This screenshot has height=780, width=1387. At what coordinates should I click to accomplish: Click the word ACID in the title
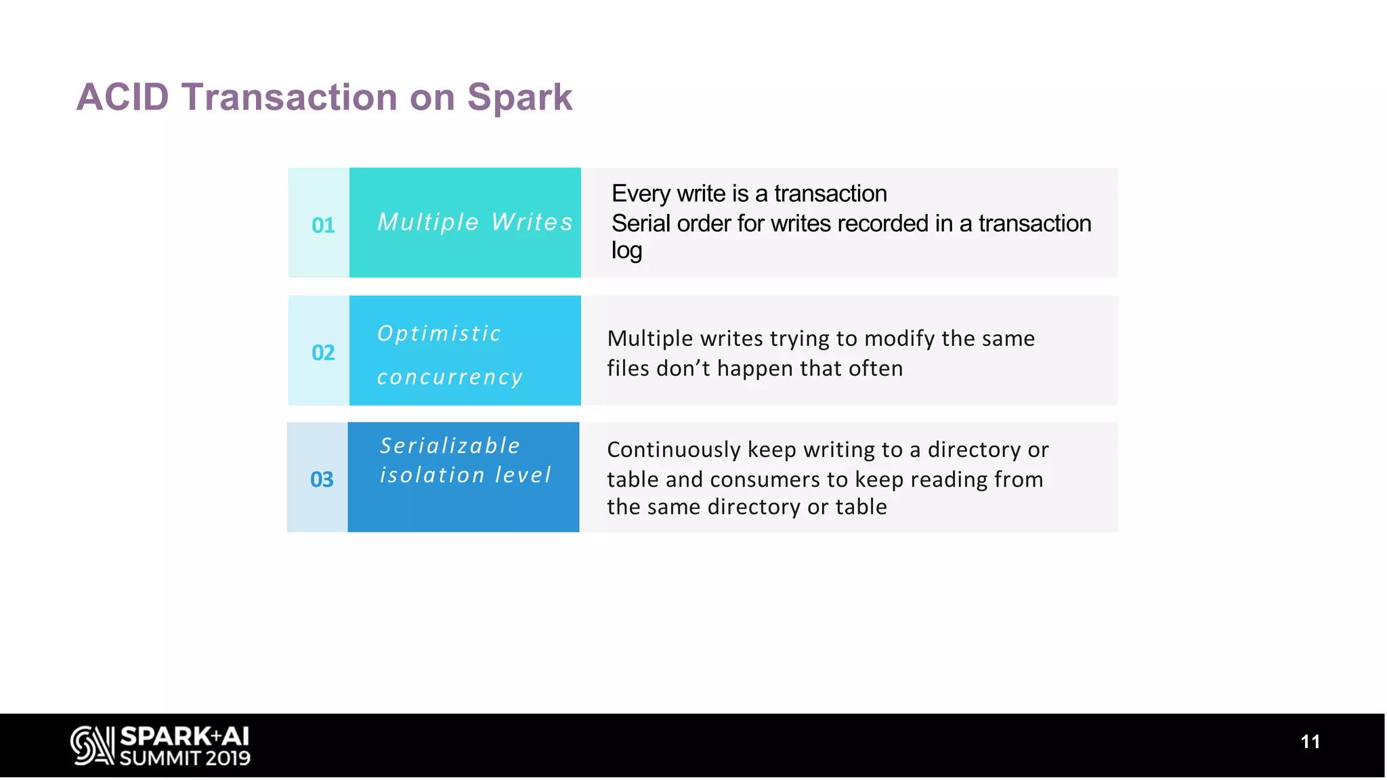(x=123, y=97)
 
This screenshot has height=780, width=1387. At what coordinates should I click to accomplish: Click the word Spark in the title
(x=519, y=97)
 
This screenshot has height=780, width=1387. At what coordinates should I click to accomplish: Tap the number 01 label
(x=323, y=225)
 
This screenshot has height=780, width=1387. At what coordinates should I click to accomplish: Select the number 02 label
(x=323, y=352)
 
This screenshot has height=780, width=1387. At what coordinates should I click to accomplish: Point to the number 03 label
(x=322, y=479)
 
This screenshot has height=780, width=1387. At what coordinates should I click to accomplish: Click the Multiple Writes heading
(x=475, y=222)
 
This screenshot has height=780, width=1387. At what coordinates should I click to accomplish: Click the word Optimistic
(x=439, y=333)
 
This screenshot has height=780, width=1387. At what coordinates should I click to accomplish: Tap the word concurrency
(x=450, y=376)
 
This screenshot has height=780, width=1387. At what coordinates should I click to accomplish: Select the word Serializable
(x=450, y=446)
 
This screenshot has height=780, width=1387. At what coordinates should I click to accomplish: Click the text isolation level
(x=465, y=475)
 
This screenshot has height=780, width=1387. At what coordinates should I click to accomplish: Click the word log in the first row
(x=626, y=251)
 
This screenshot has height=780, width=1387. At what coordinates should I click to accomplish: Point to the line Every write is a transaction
(x=749, y=194)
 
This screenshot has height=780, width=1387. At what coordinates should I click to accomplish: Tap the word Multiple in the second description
(x=650, y=339)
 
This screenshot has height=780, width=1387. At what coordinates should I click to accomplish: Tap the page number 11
(x=1310, y=741)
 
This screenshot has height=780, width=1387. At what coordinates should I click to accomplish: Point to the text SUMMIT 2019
(x=185, y=758)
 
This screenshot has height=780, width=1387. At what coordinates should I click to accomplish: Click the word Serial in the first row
(x=641, y=223)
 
